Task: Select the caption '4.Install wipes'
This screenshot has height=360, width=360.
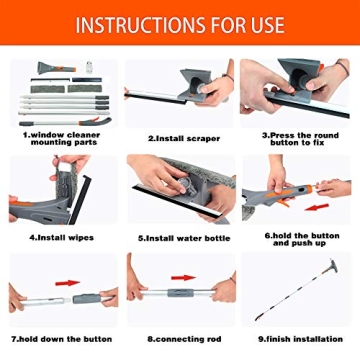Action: pos(61,237)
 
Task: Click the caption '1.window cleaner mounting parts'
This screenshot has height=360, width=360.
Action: pos(61,139)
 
